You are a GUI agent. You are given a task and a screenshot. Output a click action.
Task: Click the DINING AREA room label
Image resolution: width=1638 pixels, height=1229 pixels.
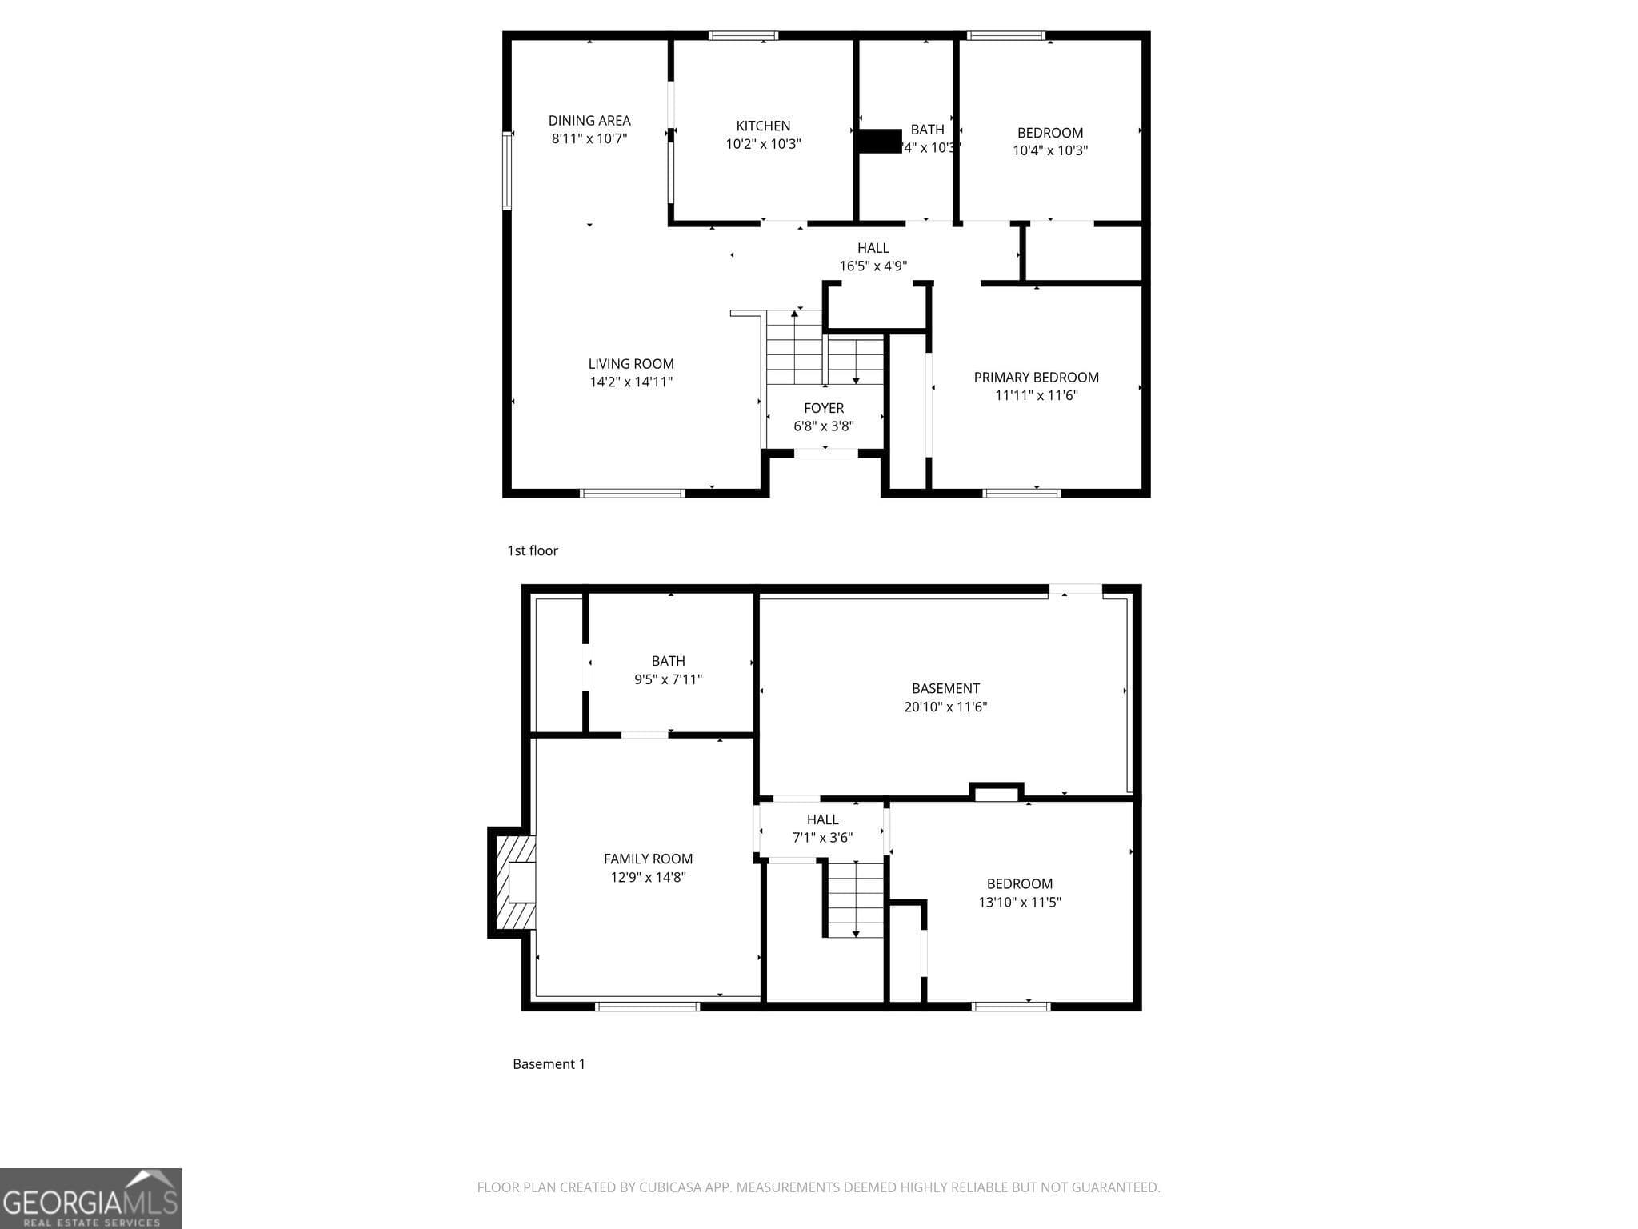coord(589,121)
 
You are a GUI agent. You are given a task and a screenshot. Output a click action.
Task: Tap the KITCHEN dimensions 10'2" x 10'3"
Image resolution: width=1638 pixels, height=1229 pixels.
coord(763,144)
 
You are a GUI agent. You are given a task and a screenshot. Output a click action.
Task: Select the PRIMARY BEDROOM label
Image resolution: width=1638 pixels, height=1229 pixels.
coord(1036,378)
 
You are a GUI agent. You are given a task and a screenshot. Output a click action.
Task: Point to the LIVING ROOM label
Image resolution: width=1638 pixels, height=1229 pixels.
coord(631,364)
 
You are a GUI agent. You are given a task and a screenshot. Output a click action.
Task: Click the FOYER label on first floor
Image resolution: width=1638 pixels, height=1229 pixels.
coord(824,408)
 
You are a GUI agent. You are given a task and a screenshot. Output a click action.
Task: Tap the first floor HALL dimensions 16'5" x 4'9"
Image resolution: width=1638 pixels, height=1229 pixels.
coord(873,266)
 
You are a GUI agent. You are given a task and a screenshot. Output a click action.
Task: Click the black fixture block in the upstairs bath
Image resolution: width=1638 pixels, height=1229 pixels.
coord(880,141)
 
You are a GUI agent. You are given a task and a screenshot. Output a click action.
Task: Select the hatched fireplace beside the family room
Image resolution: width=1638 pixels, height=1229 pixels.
coord(513,882)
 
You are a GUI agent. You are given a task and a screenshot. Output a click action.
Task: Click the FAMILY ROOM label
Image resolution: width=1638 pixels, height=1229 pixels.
coord(648,859)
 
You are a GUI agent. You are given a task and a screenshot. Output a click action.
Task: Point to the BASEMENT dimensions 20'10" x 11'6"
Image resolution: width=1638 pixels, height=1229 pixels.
coord(945,707)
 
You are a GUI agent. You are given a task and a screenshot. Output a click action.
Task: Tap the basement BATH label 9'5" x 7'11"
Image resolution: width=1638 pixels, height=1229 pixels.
coord(668,661)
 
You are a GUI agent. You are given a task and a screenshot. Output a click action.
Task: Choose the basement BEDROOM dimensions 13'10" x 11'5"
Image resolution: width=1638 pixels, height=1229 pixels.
coord(1019,903)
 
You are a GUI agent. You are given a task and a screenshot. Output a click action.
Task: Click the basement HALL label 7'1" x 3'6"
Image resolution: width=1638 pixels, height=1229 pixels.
coord(822,819)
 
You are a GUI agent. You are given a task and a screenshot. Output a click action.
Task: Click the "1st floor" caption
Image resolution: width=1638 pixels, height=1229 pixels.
coord(533,550)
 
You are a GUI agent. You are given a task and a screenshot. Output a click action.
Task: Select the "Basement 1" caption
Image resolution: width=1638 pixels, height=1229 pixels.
coord(549,1064)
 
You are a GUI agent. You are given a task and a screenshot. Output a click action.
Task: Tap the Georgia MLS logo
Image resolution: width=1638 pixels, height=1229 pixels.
coord(90,1198)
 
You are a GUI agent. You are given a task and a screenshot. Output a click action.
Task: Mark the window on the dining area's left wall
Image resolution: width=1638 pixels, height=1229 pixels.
coord(506,171)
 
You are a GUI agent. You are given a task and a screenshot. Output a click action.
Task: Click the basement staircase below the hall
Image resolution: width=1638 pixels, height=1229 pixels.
coord(855,899)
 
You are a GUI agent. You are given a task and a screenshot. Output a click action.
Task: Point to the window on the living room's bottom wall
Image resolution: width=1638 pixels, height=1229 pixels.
coord(632,493)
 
